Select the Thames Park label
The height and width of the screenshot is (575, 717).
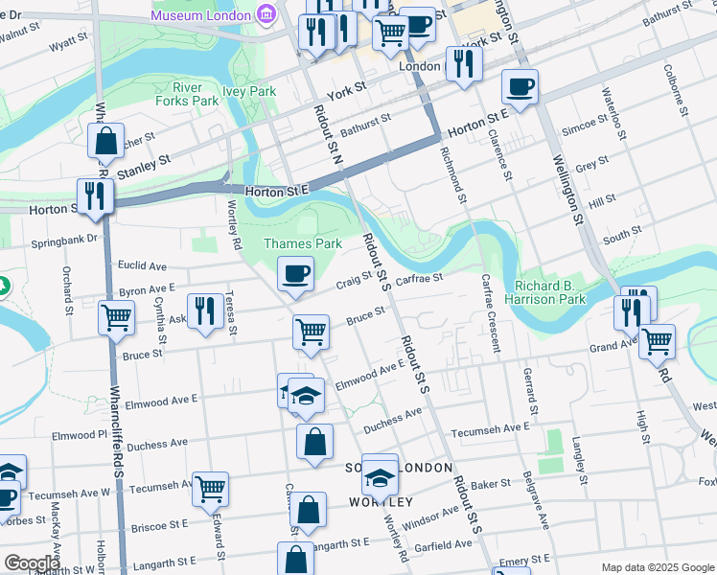[x=303, y=243]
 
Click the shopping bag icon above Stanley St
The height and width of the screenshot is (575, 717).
[x=105, y=141]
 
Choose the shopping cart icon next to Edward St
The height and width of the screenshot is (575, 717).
[x=210, y=489]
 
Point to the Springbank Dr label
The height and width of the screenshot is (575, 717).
[x=64, y=241]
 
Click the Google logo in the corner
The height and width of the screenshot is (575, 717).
[x=32, y=563]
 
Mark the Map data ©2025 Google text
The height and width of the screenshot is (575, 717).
[x=656, y=566]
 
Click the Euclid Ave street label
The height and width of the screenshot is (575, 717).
[x=142, y=265]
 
